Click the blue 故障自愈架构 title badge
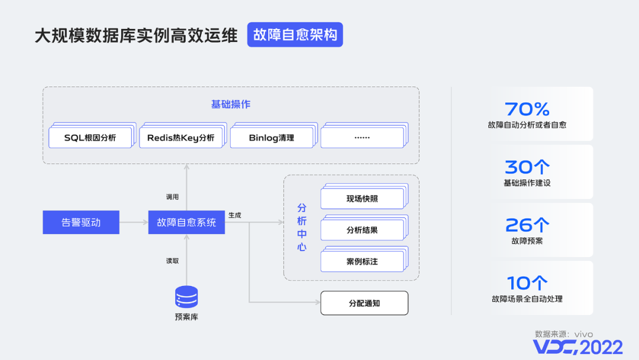tap(295, 35)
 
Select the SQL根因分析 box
tap(90, 138)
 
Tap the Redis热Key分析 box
tap(181, 138)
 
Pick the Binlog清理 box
tap(272, 138)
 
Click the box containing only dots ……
tap(362, 138)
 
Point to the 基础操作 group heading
tap(231, 104)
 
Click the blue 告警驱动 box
tap(81, 223)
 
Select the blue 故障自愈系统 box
tap(186, 223)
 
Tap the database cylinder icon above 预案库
tap(186, 296)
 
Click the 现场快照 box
tap(362, 199)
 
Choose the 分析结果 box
tap(362, 230)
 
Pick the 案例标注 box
tap(362, 261)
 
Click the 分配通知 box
tap(364, 303)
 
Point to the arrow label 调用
tap(172, 197)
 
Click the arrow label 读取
tap(172, 261)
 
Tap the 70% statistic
tap(527, 109)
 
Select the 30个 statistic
tap(527, 167)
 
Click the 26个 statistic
tap(527, 225)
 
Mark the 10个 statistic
tap(527, 283)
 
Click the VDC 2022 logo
tap(577, 346)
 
